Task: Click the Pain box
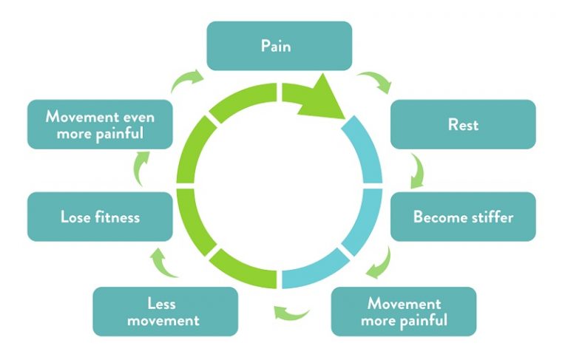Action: click(279, 46)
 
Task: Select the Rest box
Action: click(462, 124)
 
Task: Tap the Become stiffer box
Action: click(462, 217)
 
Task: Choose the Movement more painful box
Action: click(403, 311)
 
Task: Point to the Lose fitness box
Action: click(100, 217)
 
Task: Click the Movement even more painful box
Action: click(100, 124)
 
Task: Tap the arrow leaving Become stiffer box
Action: click(379, 260)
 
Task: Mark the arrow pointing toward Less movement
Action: click(291, 314)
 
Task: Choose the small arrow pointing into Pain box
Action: click(186, 81)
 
